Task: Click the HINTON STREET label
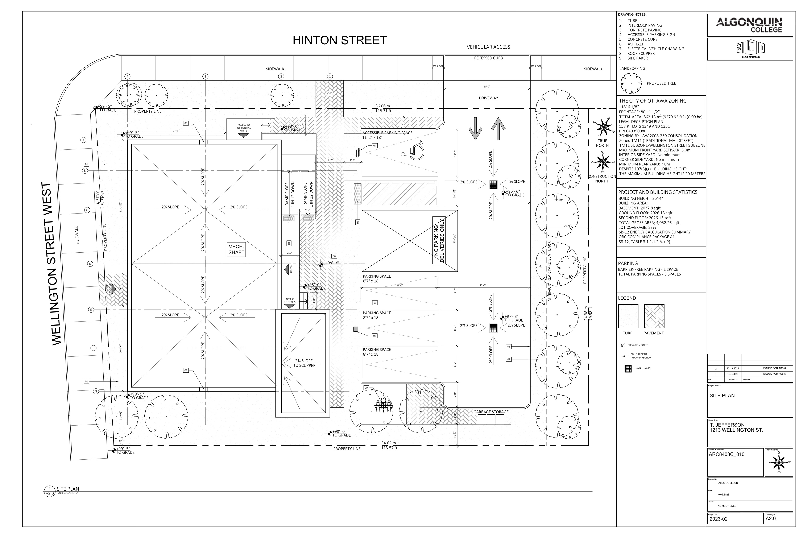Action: point(339,41)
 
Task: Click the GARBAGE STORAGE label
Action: point(491,412)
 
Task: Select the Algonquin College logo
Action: point(750,25)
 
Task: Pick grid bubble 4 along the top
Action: point(127,76)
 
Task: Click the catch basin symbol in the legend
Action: point(628,368)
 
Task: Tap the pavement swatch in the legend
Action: point(654,316)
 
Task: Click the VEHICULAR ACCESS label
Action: point(488,47)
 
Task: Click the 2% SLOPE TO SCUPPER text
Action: point(304,363)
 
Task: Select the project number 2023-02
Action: point(719,519)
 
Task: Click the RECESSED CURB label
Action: point(488,58)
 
